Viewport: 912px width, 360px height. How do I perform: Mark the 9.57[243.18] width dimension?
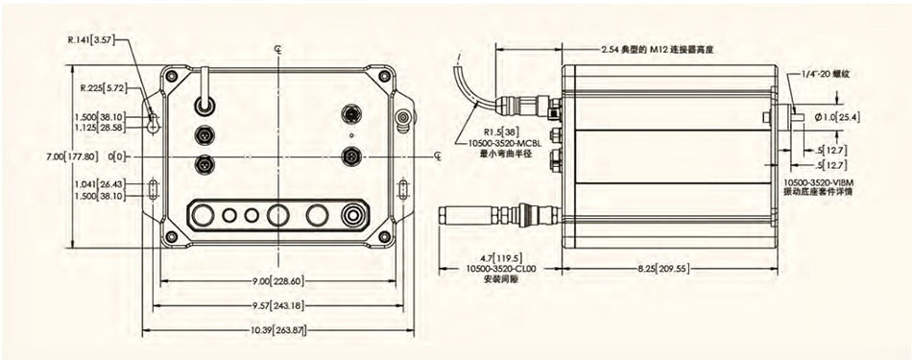[x=276, y=305]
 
